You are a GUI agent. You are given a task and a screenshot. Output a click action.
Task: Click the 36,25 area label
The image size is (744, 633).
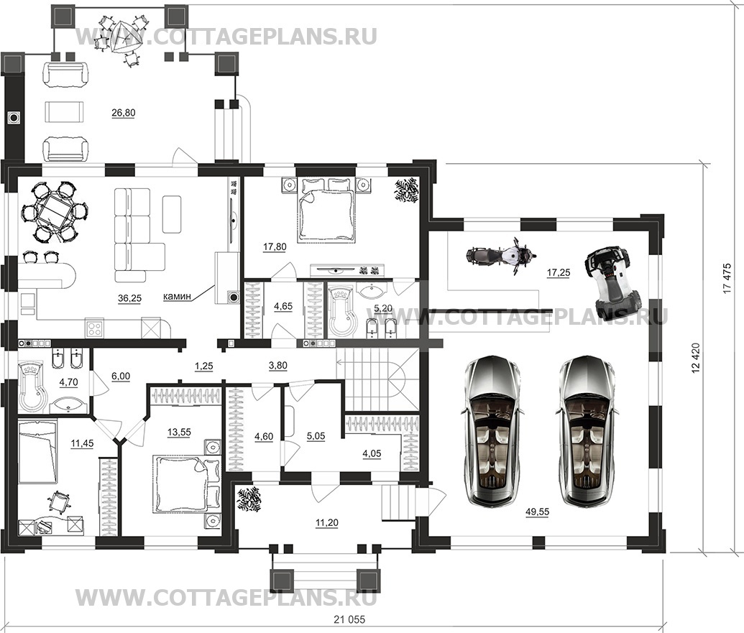(129, 298)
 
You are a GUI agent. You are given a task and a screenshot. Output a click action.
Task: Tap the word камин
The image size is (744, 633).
(177, 297)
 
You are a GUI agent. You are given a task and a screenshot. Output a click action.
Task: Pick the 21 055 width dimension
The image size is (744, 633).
(349, 619)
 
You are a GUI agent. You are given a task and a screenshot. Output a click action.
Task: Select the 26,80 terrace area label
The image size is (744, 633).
(124, 113)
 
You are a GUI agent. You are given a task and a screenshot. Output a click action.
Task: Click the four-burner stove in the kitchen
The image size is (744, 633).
(94, 328)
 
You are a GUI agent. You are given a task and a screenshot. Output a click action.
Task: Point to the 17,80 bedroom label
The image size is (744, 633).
(275, 246)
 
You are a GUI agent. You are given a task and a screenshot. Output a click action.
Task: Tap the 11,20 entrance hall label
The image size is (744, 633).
(327, 523)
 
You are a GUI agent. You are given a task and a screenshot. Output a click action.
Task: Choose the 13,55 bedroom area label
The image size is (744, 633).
(180, 432)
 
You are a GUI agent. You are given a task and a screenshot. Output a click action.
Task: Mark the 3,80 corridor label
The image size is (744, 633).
(278, 366)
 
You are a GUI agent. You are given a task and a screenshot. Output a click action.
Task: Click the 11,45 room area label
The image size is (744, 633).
(82, 444)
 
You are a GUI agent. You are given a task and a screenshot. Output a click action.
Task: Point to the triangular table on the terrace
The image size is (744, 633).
(125, 37)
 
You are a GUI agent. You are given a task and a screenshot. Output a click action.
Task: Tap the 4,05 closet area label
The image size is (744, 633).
(372, 454)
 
